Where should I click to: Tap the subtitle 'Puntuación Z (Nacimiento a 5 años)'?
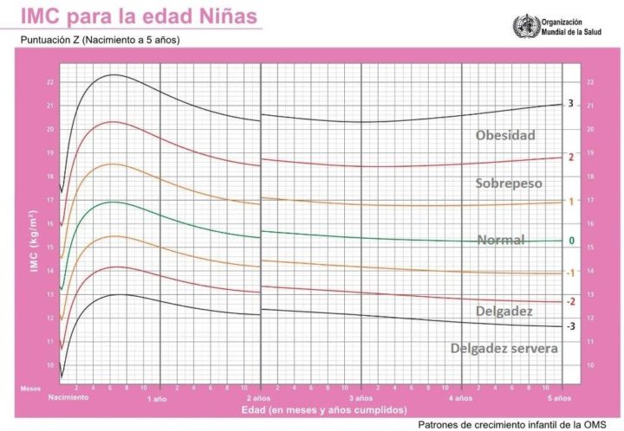click(x=99, y=40)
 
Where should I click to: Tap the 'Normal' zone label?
click(x=502, y=240)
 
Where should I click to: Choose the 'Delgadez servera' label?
click(x=504, y=348)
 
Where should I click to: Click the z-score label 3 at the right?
click(x=571, y=104)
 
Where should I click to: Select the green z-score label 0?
click(x=571, y=241)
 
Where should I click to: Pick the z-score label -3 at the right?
click(x=570, y=326)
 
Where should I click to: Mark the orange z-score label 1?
click(x=571, y=202)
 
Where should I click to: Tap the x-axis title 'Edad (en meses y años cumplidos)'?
click(x=313, y=409)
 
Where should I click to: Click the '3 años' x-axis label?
click(x=360, y=398)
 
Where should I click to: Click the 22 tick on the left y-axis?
click(x=50, y=82)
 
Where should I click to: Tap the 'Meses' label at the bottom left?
click(x=30, y=389)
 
